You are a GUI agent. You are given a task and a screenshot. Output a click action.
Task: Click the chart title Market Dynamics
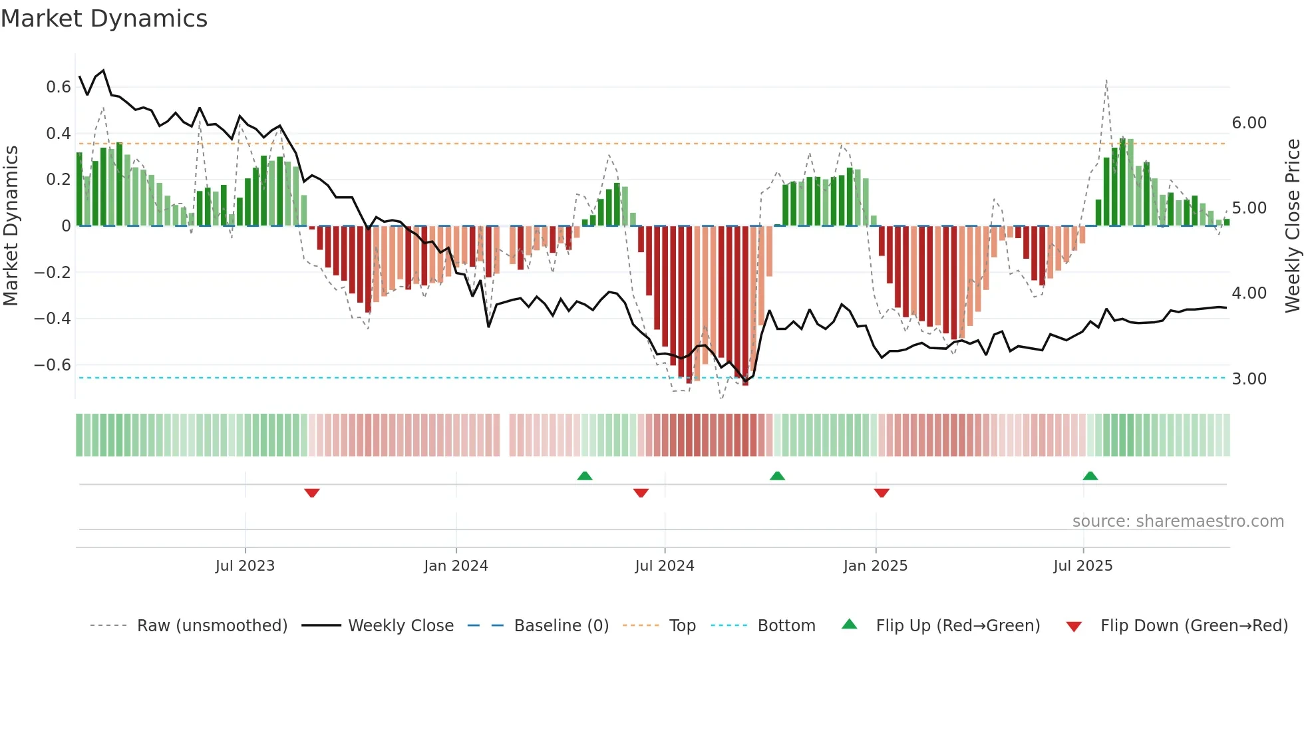104,19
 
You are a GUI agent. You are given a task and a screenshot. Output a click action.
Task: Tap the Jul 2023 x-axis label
245,566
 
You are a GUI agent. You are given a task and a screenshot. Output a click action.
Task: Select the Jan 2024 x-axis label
456,566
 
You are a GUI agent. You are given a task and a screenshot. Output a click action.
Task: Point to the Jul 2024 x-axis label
664,566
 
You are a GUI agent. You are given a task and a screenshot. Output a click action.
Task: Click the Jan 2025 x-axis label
875,566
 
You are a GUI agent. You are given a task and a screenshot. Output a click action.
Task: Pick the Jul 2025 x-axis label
1082,566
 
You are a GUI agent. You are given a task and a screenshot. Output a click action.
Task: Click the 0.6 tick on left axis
59,87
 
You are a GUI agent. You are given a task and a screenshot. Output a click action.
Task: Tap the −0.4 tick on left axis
53,319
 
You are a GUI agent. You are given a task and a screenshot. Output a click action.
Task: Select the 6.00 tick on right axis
1249,123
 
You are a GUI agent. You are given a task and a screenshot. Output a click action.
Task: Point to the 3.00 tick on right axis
1249,379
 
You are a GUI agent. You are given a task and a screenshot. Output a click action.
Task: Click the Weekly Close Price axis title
1292,225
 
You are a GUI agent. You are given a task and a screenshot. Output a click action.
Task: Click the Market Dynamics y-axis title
11,225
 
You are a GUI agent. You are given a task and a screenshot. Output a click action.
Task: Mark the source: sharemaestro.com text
1178,521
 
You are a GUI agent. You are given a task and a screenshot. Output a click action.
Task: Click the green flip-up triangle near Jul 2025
1090,476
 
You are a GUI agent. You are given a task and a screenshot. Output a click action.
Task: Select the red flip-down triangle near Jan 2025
882,493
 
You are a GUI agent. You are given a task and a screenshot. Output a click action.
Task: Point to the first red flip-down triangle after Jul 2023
312,493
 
